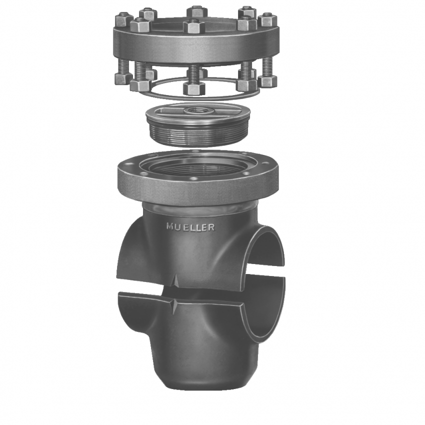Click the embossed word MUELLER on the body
(190, 227)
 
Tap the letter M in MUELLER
(170, 226)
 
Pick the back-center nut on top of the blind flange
(196, 11)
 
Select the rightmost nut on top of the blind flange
(267, 20)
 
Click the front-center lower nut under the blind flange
(193, 88)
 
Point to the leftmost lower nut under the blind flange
(123, 78)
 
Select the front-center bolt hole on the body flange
(195, 178)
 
